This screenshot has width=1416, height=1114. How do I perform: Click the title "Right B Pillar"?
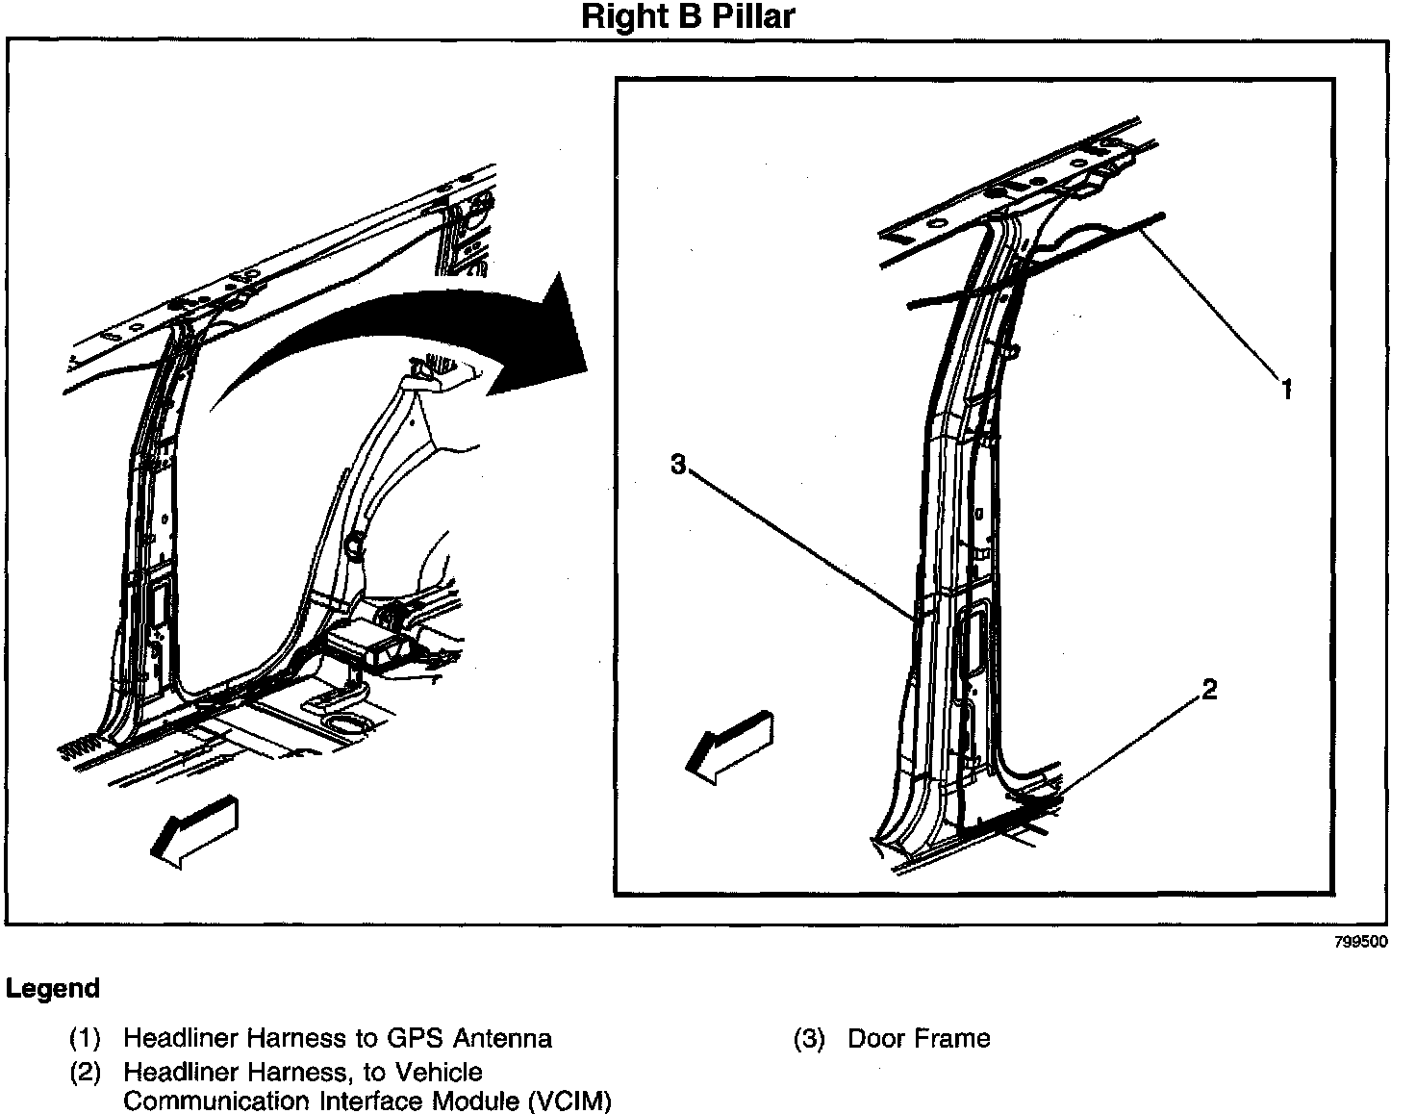pos(689,17)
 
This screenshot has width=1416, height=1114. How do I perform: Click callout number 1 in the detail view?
pos(1286,389)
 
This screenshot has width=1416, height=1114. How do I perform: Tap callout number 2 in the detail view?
pos(1209,689)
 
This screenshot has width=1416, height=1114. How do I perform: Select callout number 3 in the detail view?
pos(678,465)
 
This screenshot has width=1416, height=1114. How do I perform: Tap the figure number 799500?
pos(1360,943)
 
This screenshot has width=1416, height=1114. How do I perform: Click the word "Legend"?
pos(53,989)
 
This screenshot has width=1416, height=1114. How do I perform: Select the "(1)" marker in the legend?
pos(85,1039)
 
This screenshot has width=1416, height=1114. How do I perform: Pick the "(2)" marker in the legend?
pos(85,1073)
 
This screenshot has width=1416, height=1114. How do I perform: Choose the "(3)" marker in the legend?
pos(809,1039)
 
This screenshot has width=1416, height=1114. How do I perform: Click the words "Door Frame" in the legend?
pos(919,1039)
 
